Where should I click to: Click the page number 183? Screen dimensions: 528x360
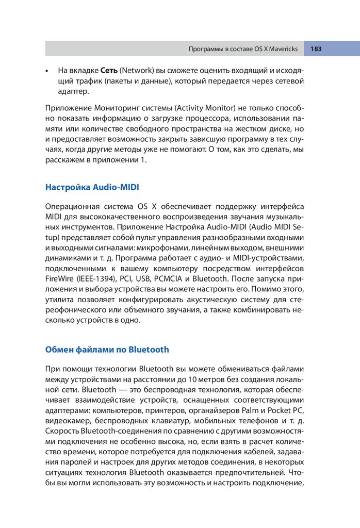[x=316, y=49]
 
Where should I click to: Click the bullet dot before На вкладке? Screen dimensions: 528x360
[x=47, y=70]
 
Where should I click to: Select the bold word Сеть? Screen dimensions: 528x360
[x=109, y=70]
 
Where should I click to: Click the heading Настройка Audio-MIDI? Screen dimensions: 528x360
[x=92, y=187]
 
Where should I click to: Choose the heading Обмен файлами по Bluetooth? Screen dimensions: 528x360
[x=107, y=349]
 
